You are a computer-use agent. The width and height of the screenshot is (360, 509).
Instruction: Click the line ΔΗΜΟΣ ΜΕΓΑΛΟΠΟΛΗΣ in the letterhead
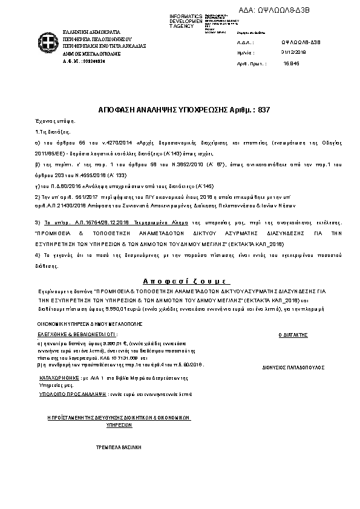click(86, 53)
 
